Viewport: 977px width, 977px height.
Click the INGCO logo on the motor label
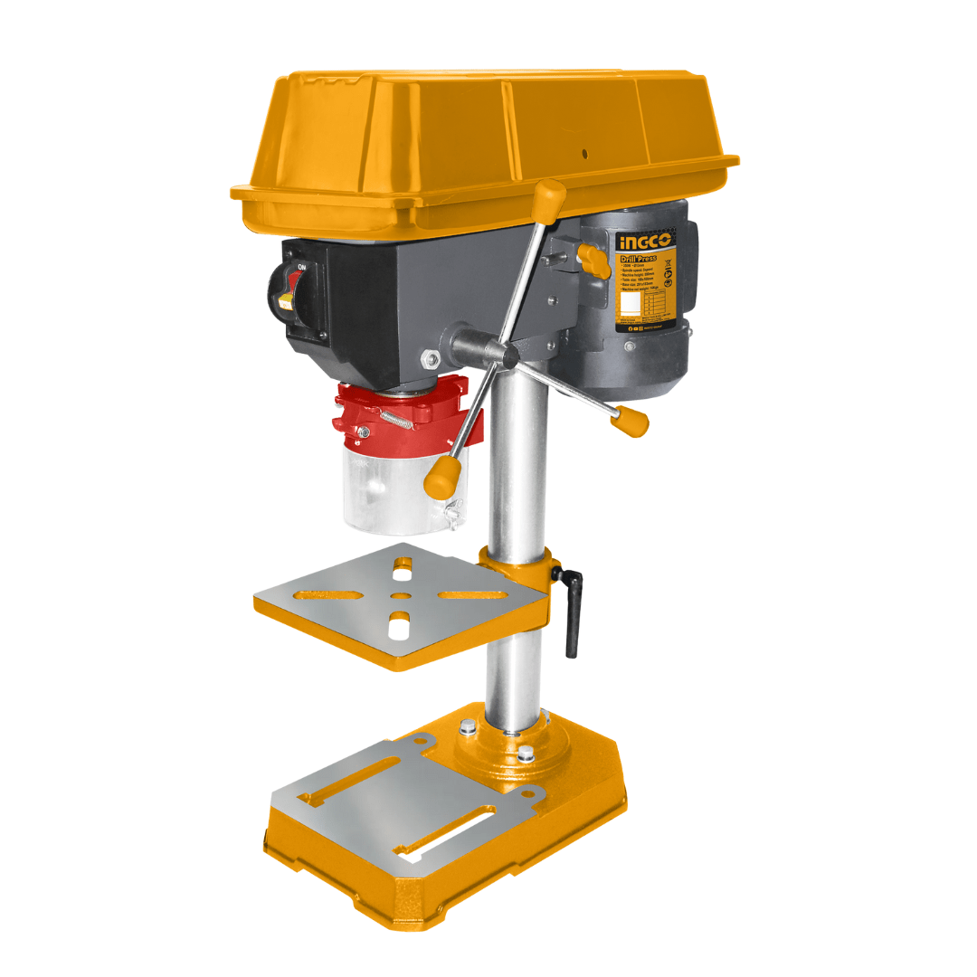tap(645, 242)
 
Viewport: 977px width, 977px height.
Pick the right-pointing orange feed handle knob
tap(630, 420)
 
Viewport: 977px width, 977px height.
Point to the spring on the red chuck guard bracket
tap(397, 419)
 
